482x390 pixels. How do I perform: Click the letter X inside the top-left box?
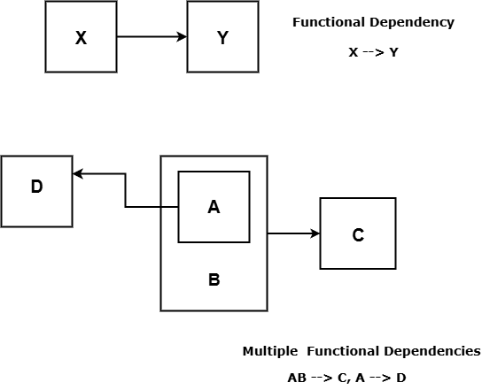(x=81, y=38)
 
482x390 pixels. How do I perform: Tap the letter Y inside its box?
(x=222, y=38)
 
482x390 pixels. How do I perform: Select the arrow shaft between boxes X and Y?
(x=146, y=37)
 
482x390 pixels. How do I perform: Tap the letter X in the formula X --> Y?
(x=354, y=52)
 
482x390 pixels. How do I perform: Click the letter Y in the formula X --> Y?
(x=393, y=52)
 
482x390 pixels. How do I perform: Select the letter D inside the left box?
(x=36, y=187)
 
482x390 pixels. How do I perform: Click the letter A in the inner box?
(x=214, y=207)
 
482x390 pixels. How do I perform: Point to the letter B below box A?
(x=214, y=280)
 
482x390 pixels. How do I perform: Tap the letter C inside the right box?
(x=358, y=235)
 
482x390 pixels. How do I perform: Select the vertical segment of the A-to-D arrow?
(x=126, y=190)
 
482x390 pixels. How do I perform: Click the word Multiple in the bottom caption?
(x=268, y=351)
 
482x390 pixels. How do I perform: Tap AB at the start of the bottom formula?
(x=297, y=378)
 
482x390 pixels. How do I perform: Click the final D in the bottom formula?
(x=401, y=378)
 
